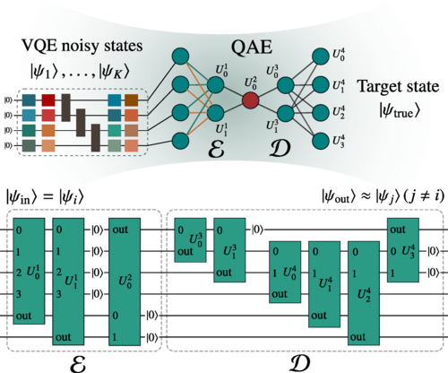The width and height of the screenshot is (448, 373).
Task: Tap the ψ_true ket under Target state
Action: (x=397, y=113)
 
